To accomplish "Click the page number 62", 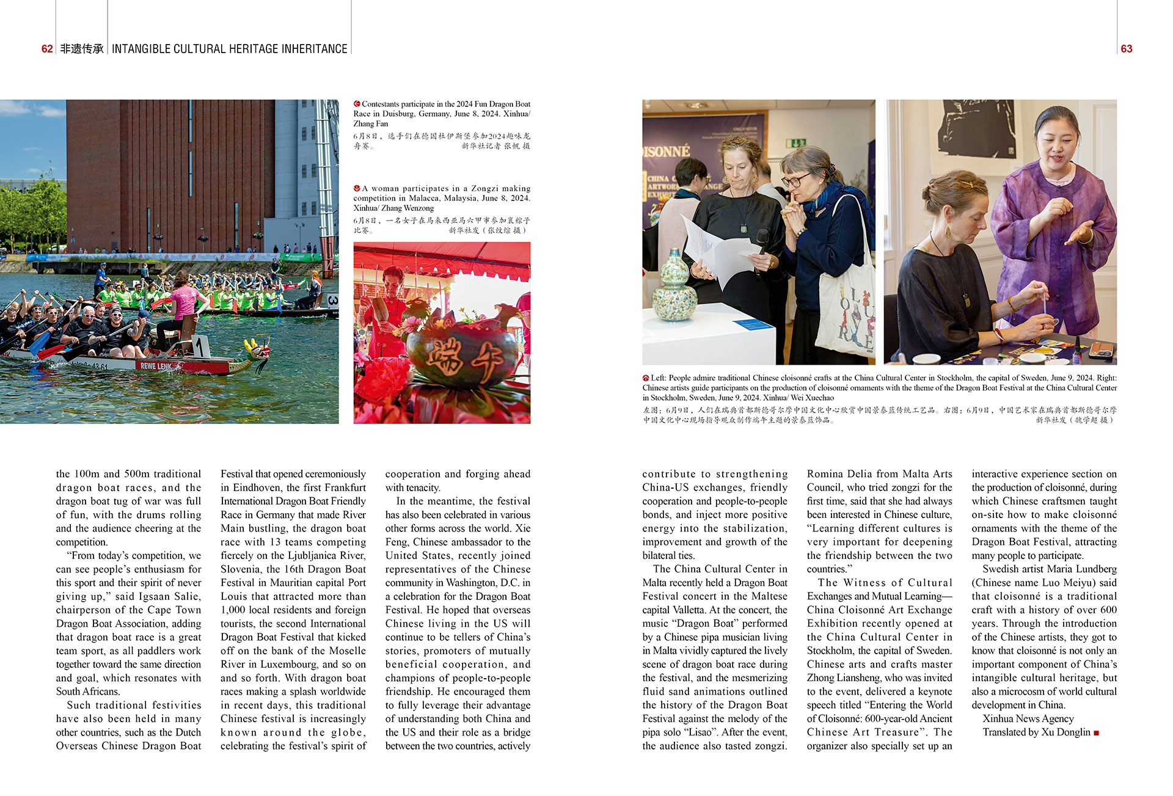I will pos(47,49).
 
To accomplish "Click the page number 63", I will pos(1127,49).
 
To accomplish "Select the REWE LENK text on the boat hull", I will pos(156,366).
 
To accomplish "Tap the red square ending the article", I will pos(1096,732).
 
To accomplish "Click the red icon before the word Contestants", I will pos(357,104).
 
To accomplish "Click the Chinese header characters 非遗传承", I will pos(82,49).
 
